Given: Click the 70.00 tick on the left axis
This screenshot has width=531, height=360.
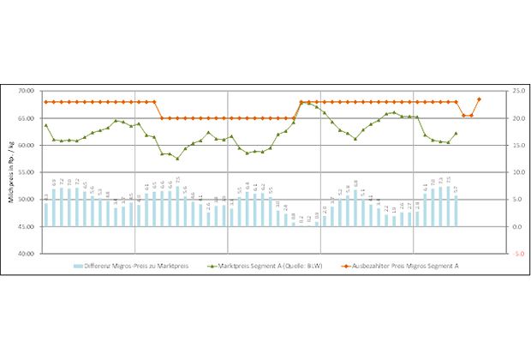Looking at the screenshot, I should tap(27, 91).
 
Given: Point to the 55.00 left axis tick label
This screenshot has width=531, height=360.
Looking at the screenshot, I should tap(27, 172).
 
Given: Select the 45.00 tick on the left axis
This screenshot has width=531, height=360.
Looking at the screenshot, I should tap(27, 227).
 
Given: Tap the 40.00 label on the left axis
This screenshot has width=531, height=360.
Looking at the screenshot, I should tap(27, 255).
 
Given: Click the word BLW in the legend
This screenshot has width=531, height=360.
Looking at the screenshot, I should tap(319, 267).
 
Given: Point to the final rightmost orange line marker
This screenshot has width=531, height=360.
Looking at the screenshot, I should tap(479, 99).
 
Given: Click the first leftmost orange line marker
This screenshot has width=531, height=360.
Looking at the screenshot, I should tap(45, 102).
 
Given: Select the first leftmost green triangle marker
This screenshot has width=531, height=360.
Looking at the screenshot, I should tap(45, 125).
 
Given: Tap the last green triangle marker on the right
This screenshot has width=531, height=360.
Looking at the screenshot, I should tap(456, 133).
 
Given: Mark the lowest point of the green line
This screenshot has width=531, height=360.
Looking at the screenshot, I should tap(177, 159).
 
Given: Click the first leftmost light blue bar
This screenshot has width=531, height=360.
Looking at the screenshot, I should tap(46, 214).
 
